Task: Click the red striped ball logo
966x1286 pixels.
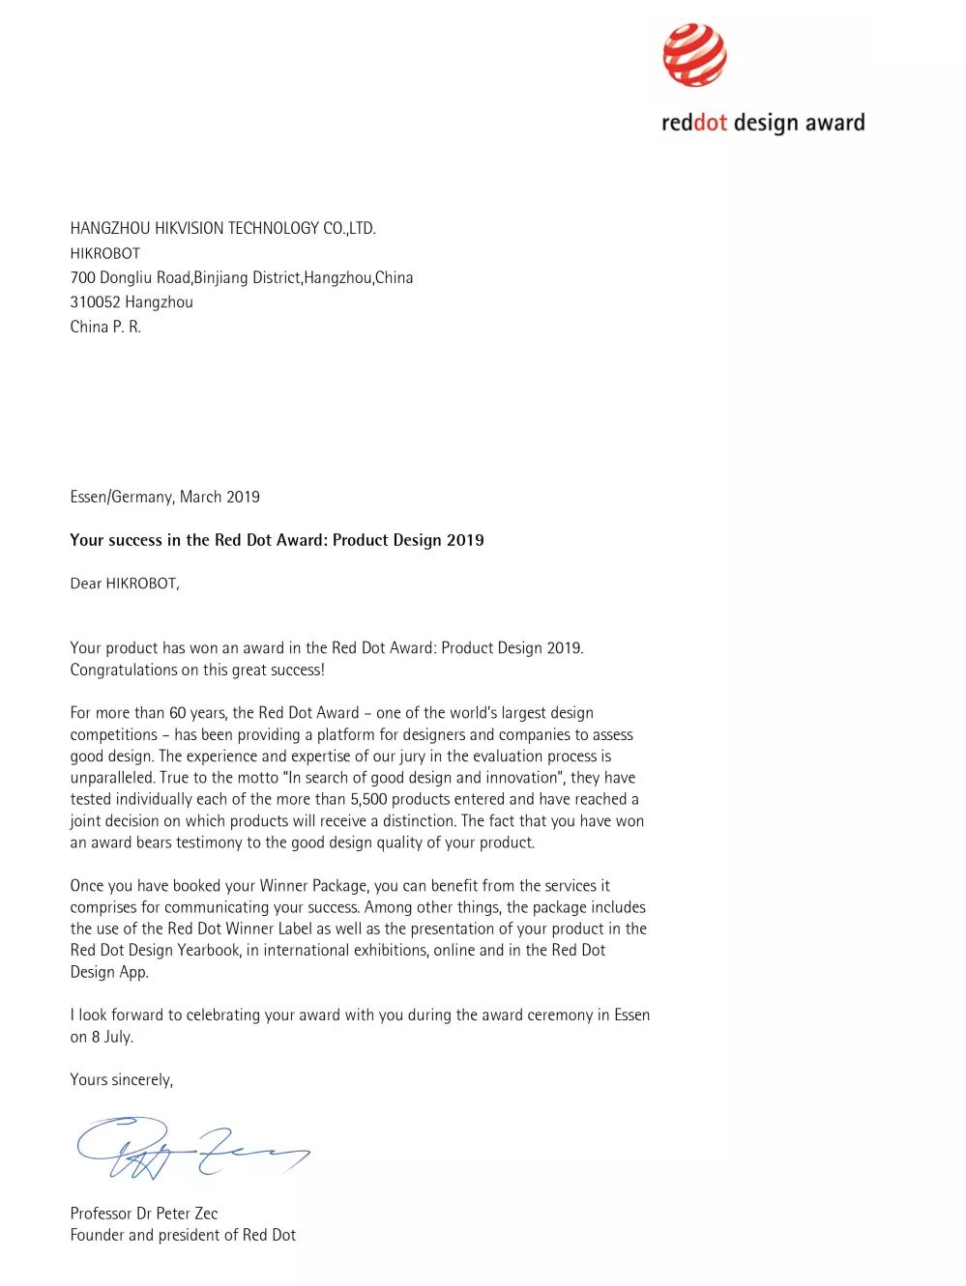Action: click(x=694, y=55)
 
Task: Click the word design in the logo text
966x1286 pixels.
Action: click(x=765, y=124)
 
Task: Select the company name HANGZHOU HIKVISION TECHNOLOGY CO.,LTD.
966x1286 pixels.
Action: click(x=222, y=229)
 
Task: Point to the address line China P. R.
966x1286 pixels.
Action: click(x=105, y=327)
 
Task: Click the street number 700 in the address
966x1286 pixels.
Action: click(x=82, y=278)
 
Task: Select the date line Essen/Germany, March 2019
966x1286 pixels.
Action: click(x=164, y=497)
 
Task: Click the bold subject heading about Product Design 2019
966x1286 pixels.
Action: click(x=277, y=540)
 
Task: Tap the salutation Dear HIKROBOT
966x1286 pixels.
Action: click(x=124, y=584)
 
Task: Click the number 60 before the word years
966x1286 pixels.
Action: click(x=178, y=713)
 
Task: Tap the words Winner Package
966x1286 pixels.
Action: click(x=313, y=886)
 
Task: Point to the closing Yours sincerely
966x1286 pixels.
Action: click(x=121, y=1080)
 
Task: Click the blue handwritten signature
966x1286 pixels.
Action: click(x=193, y=1147)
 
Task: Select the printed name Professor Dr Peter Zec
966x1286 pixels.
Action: click(x=144, y=1214)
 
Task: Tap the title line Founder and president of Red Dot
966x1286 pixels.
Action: click(x=183, y=1235)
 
